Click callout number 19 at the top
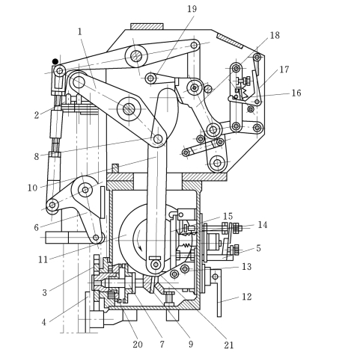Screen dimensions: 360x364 [192, 9]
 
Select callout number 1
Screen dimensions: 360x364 [80, 31]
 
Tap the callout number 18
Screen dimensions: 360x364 [275, 35]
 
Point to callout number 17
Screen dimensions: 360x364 [284, 70]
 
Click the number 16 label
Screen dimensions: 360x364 [296, 93]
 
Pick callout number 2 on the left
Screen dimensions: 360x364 [37, 115]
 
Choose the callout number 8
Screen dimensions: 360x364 [37, 156]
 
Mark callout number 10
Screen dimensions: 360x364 [32, 188]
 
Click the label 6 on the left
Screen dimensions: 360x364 [37, 227]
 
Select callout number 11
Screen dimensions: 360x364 [43, 260]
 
